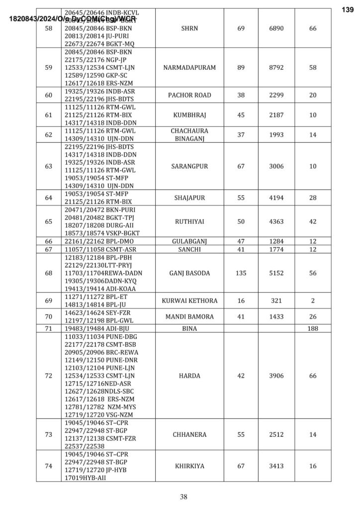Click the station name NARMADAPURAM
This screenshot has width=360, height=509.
click(x=189, y=67)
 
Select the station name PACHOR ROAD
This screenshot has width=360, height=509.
click(x=189, y=95)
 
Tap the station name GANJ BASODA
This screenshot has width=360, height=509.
click(x=189, y=273)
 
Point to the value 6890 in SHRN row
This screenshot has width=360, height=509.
click(x=276, y=28)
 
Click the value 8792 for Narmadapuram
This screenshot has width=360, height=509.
click(x=276, y=67)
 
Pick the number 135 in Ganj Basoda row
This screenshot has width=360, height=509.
click(x=241, y=273)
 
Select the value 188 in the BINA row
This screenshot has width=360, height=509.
click(x=312, y=329)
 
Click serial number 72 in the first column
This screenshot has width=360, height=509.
click(x=49, y=376)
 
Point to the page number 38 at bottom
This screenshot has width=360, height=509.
click(x=183, y=496)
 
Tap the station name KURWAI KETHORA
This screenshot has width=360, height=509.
click(x=189, y=301)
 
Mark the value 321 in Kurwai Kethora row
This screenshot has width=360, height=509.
click(x=276, y=301)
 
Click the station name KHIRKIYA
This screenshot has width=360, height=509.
click(x=189, y=466)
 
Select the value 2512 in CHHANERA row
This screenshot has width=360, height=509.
click(x=276, y=434)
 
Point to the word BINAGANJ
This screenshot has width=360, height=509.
click(x=189, y=139)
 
